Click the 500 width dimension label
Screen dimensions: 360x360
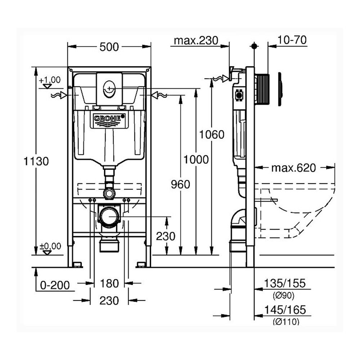click(x=109, y=47)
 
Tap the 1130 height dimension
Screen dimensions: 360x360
click(x=36, y=161)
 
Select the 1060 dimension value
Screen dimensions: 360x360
click(x=212, y=135)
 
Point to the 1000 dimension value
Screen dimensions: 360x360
click(x=196, y=159)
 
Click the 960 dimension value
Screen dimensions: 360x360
click(x=180, y=185)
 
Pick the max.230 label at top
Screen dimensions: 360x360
click(x=196, y=40)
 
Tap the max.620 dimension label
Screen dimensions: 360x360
click(x=293, y=168)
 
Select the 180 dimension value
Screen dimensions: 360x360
click(x=109, y=284)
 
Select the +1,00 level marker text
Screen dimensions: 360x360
click(x=50, y=80)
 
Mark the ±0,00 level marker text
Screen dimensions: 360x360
click(x=50, y=246)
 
